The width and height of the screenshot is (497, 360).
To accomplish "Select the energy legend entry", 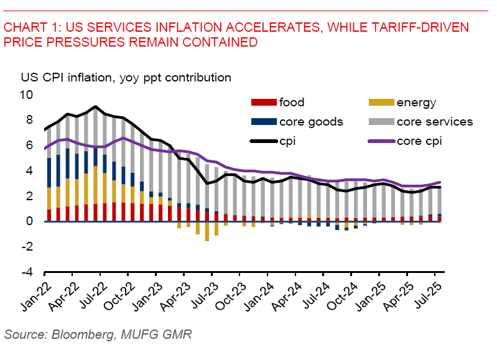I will coord(416,103).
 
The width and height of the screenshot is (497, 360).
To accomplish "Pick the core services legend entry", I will coord(435,122).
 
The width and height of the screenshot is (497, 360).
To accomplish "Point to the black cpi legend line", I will coord(261,141).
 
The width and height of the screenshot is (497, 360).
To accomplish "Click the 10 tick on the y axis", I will coord(27,95).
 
